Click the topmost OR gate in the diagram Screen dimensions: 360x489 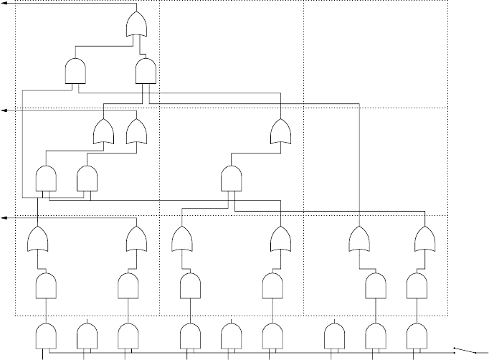(136, 27)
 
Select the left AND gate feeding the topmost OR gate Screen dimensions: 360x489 (75, 70)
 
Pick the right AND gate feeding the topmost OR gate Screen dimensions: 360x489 (146, 70)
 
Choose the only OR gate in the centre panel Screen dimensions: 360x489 (280, 132)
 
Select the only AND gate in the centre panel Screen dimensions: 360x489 (231, 177)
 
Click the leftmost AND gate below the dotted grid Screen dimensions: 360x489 (47, 334)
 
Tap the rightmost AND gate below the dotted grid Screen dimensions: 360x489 (417, 334)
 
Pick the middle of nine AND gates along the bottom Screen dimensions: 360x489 (231, 334)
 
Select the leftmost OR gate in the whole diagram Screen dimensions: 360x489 (37, 239)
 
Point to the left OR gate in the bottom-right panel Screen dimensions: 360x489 (360, 239)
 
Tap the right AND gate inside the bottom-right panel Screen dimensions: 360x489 (416, 286)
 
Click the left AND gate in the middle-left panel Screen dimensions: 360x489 (46, 179)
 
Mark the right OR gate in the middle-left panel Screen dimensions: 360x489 (136, 132)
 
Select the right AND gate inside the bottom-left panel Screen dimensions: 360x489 (128, 286)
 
